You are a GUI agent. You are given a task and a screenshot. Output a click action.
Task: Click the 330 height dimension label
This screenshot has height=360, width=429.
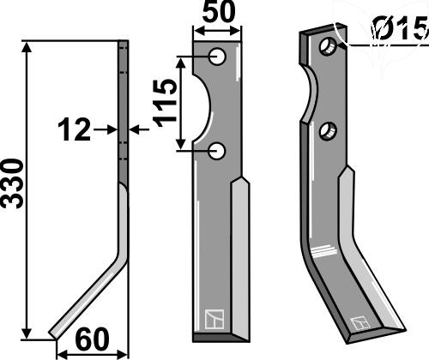[x=12, y=184]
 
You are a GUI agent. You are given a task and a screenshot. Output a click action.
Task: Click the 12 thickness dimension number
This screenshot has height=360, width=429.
[x=75, y=130]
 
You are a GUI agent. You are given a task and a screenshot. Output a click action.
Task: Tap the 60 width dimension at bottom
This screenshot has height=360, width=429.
[x=92, y=339]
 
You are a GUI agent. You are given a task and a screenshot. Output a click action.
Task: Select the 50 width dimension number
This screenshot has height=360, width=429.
[x=219, y=12]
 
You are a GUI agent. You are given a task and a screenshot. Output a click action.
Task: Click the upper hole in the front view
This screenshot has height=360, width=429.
[x=217, y=57]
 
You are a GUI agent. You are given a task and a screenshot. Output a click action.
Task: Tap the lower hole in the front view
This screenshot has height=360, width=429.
[x=217, y=151]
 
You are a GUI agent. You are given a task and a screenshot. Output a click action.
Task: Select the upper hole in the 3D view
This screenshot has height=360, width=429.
[x=328, y=47]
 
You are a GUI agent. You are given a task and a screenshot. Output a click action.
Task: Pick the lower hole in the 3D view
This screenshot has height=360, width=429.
[x=328, y=131]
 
